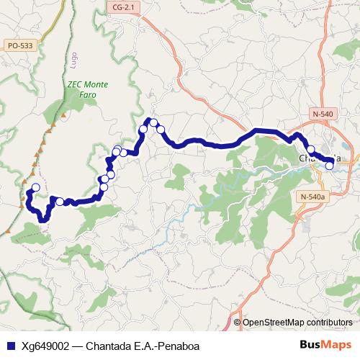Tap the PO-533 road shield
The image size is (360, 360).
click(19, 45)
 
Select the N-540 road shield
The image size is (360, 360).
click(324, 114)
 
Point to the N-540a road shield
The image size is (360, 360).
click(312, 197)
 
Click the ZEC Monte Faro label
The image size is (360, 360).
click(88, 89)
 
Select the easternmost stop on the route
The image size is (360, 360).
click(330, 166)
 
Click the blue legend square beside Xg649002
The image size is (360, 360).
click(9, 346)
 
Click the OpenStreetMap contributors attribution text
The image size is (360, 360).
click(297, 322)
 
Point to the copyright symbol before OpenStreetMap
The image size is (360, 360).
click(237, 322)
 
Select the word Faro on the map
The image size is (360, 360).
click(88, 94)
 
